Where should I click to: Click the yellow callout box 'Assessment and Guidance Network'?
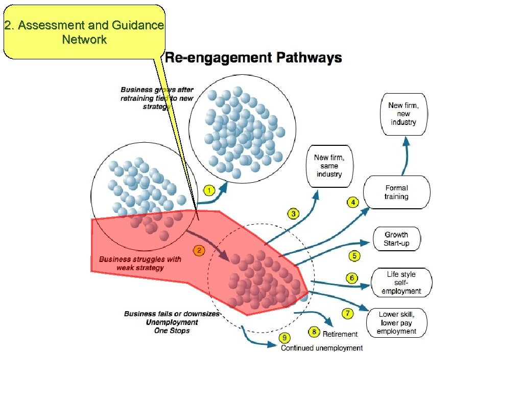pyautogui.click(x=84, y=32)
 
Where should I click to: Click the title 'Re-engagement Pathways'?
pyautogui.click(x=253, y=57)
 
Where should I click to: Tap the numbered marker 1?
pyautogui.click(x=209, y=191)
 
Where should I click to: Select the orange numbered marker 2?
pyautogui.click(x=199, y=250)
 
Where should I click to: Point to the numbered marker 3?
pyautogui.click(x=293, y=213)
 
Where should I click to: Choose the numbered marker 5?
pyautogui.click(x=354, y=255)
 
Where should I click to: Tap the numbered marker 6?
pyautogui.click(x=352, y=278)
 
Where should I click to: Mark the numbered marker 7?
pyautogui.click(x=347, y=314)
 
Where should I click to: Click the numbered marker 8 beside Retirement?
pyautogui.click(x=314, y=333)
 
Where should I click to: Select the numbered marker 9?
pyautogui.click(x=284, y=338)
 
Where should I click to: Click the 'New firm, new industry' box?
pyautogui.click(x=403, y=114)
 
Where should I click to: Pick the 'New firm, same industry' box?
pyautogui.click(x=328, y=166)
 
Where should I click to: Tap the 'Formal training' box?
pyautogui.click(x=396, y=192)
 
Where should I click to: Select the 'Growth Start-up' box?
pyautogui.click(x=396, y=239)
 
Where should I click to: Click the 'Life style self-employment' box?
pyautogui.click(x=401, y=282)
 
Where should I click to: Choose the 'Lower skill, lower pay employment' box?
pyautogui.click(x=396, y=323)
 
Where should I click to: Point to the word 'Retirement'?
pyautogui.click(x=340, y=334)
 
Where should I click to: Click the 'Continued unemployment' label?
pyautogui.click(x=322, y=348)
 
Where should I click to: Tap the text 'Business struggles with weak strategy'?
pyautogui.click(x=140, y=263)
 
